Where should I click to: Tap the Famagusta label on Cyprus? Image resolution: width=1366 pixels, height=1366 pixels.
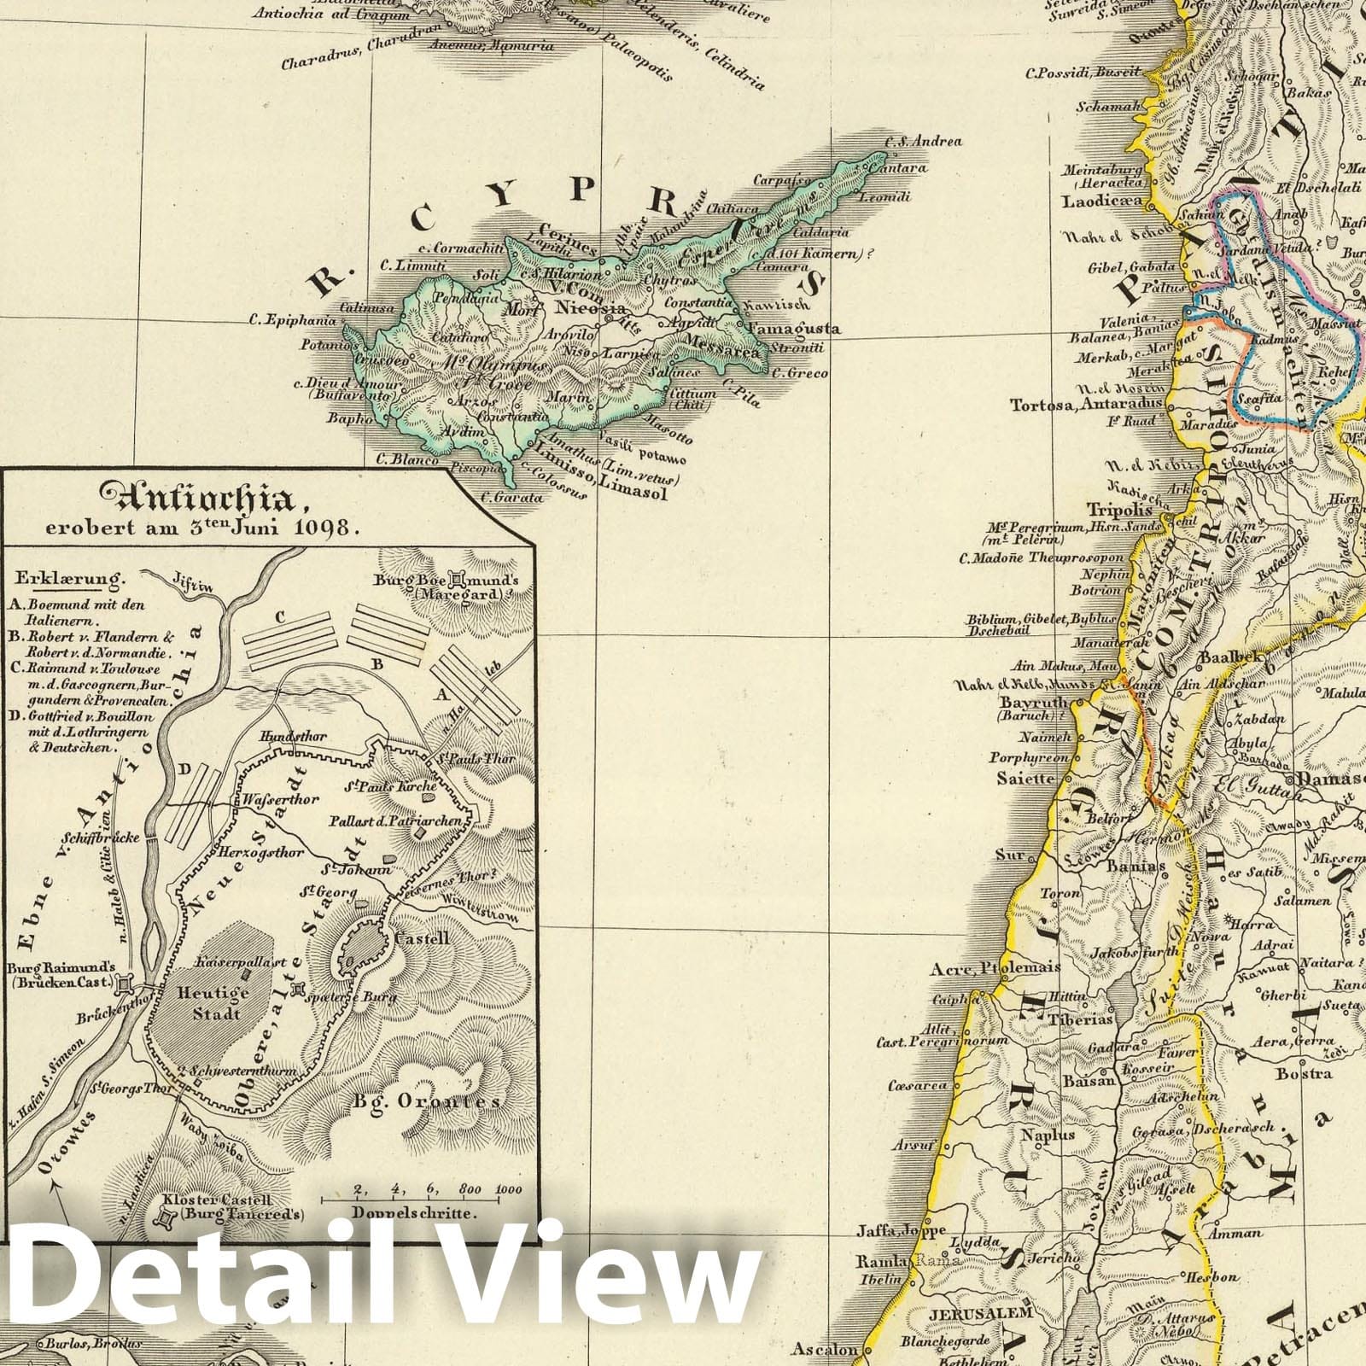pos(793,329)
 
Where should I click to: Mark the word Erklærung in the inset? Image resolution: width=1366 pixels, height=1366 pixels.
pos(67,578)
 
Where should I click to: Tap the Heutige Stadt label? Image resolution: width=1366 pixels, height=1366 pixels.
pos(209,1004)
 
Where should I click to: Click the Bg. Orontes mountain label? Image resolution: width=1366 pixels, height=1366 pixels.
pos(426,1101)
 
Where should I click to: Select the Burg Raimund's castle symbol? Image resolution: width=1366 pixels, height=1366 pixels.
pos(126,984)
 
